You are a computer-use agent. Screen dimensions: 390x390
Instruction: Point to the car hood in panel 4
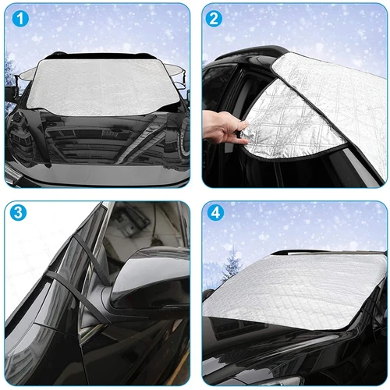tap(296, 355)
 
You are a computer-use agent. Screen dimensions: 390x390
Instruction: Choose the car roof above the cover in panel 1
tap(97, 56)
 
